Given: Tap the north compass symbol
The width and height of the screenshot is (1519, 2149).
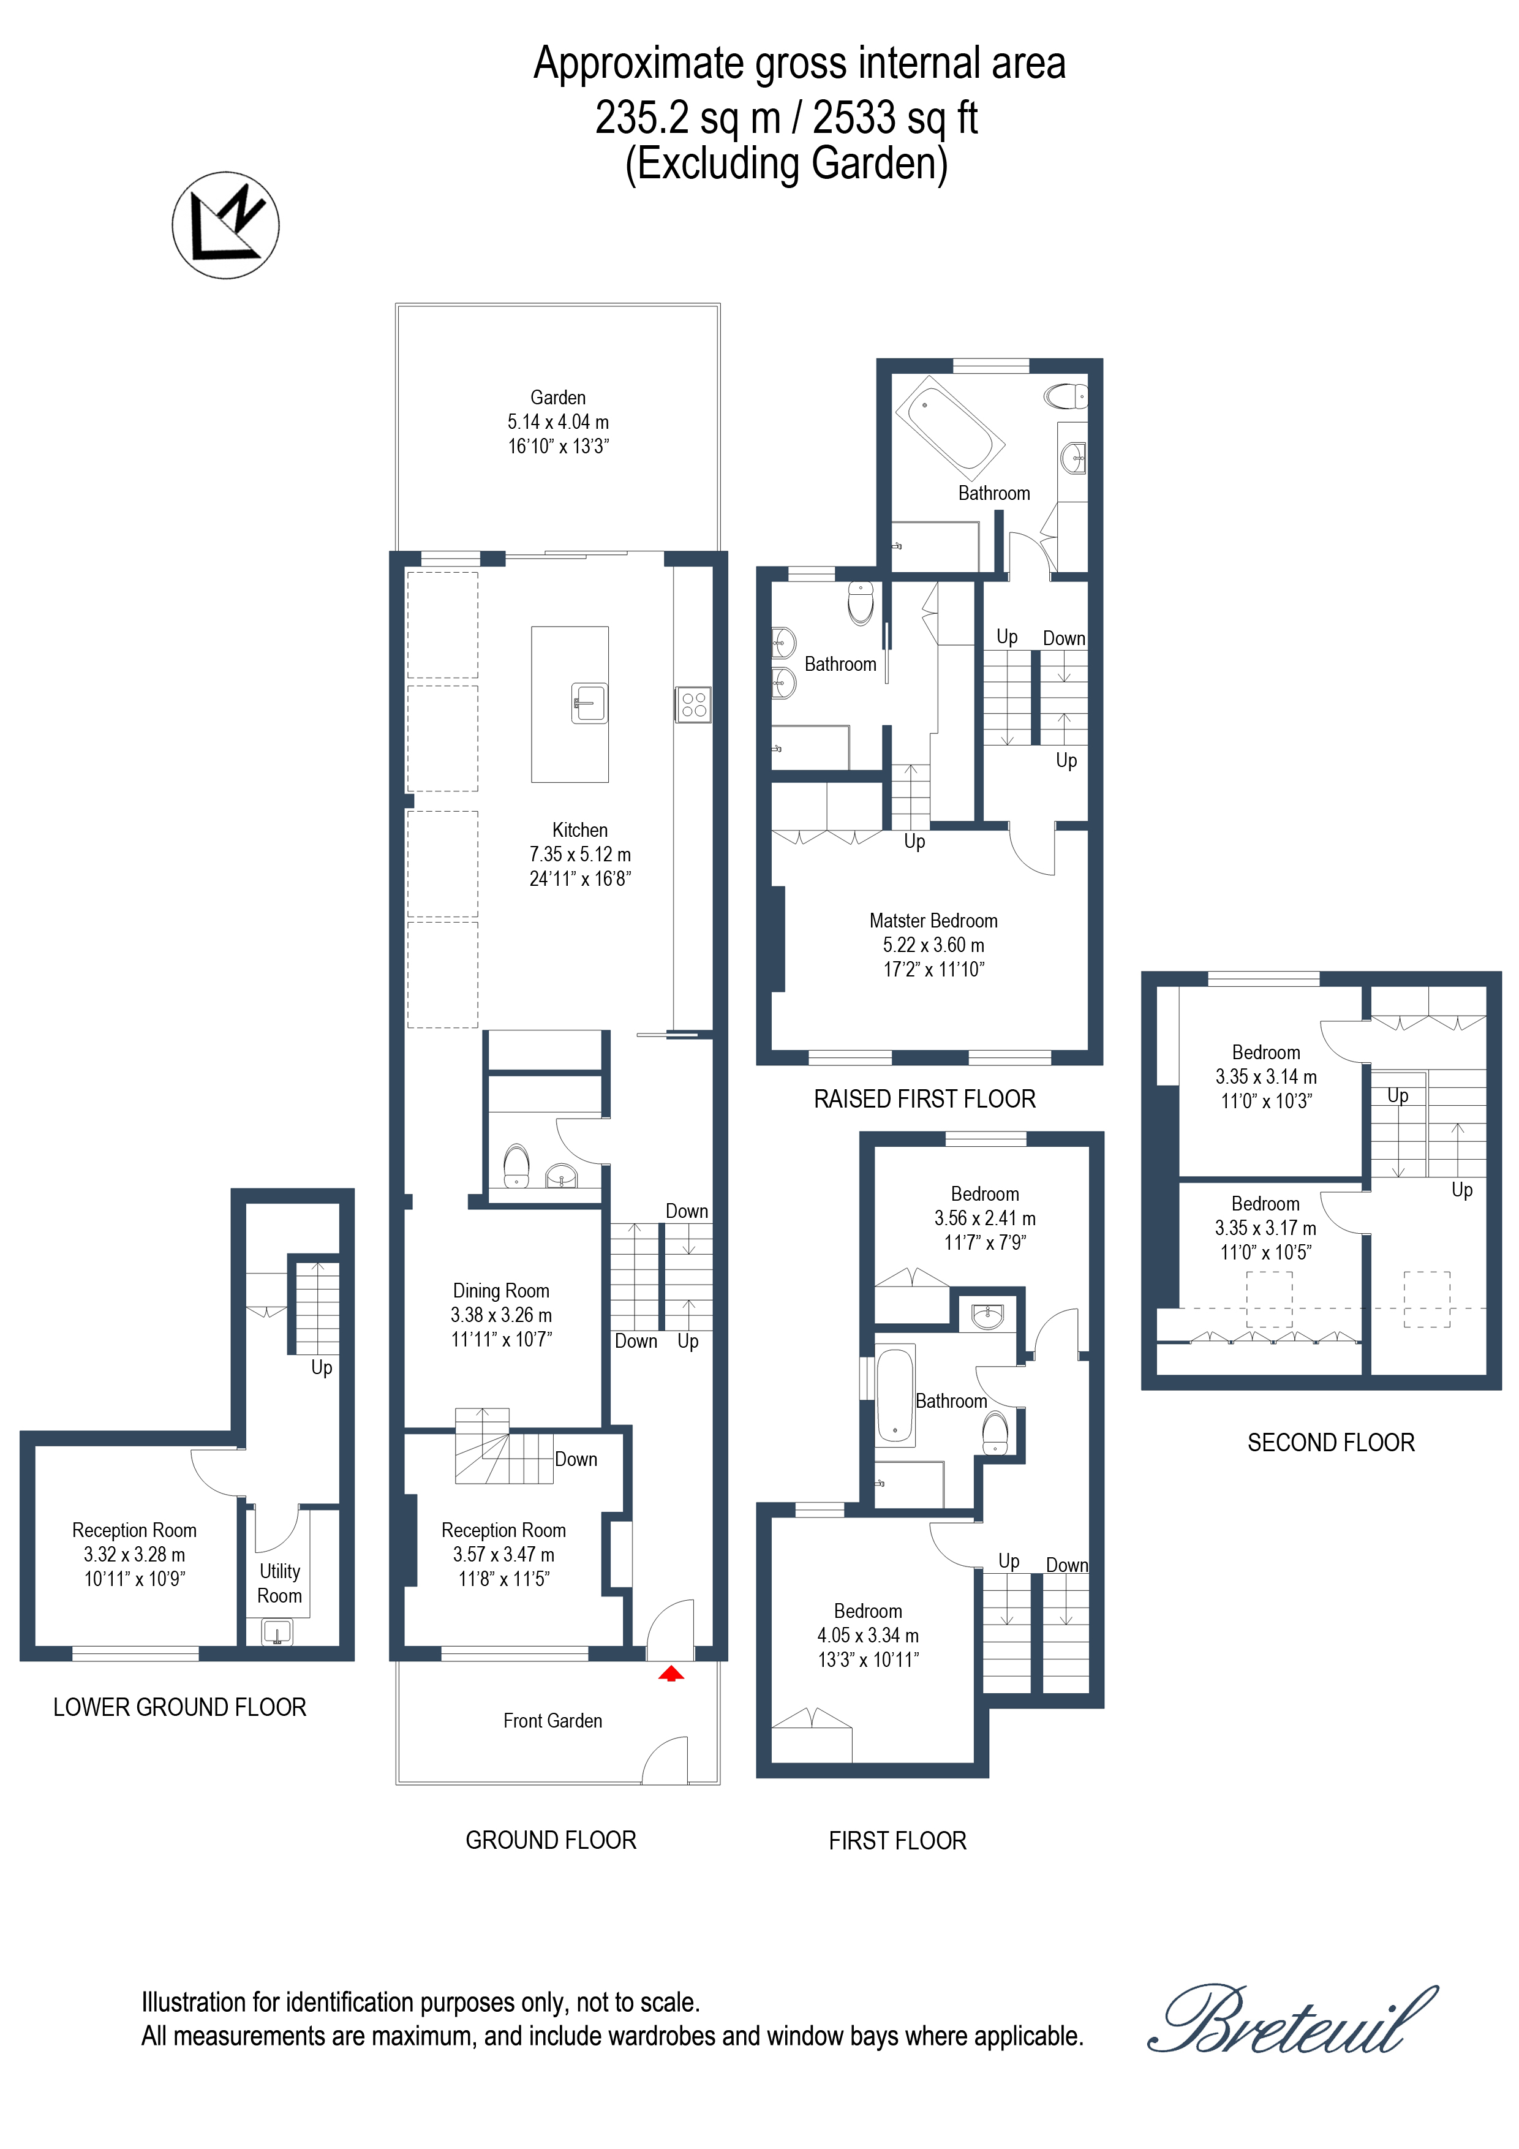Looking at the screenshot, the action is [x=225, y=225].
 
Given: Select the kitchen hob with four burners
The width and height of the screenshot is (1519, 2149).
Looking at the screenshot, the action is [x=693, y=704].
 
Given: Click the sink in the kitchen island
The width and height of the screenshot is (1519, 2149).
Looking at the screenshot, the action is [x=589, y=702].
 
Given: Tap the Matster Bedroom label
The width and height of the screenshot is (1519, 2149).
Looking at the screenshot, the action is [x=933, y=921].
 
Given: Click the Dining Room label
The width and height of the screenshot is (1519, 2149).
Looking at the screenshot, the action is [x=500, y=1291].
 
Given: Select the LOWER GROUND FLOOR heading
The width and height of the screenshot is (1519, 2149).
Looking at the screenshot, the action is [x=179, y=1707].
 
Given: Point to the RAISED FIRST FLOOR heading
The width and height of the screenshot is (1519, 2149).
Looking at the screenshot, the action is [x=925, y=1099].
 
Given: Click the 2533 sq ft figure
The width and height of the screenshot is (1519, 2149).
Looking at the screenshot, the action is [x=895, y=118].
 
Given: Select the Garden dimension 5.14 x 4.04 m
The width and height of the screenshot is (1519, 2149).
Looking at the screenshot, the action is [x=558, y=422].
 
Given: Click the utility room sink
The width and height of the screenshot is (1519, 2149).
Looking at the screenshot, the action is [x=277, y=1633].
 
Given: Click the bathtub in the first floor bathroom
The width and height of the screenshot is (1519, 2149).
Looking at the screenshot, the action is [x=895, y=1396].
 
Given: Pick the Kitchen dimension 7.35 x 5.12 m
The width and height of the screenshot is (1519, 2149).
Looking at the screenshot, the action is [x=580, y=855].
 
